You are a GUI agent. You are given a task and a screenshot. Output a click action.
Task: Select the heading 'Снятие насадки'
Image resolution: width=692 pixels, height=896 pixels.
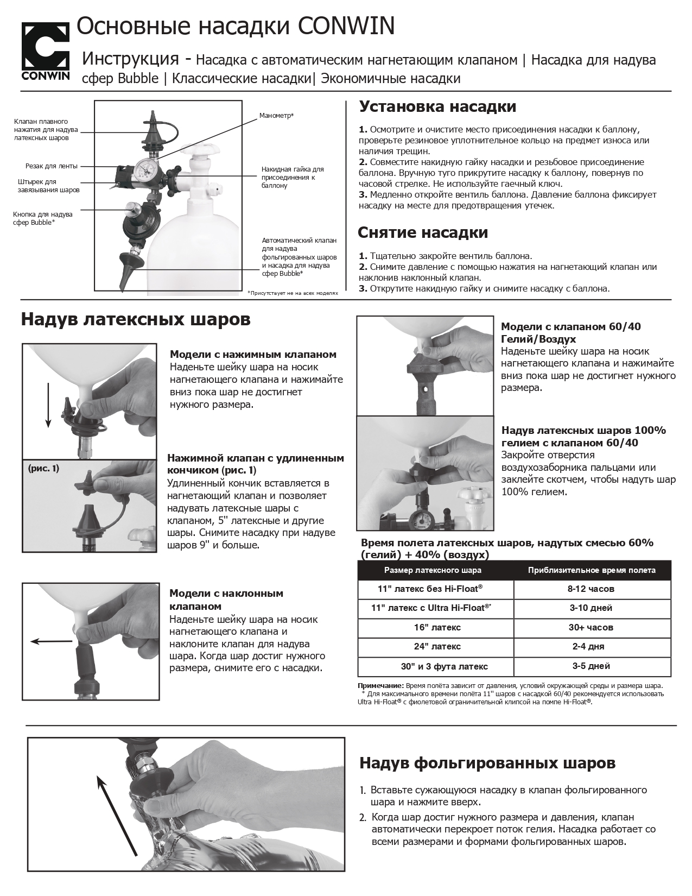click(x=423, y=232)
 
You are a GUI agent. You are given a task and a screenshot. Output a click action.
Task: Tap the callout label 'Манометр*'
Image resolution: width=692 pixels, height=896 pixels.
click(x=276, y=116)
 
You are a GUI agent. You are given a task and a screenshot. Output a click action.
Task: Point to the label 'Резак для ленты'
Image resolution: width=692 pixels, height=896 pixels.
click(x=52, y=166)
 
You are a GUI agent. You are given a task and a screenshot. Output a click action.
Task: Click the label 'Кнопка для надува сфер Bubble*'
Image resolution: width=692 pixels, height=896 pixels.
click(x=42, y=218)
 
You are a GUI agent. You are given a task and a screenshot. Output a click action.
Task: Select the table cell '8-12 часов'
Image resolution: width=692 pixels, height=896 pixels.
click(x=592, y=589)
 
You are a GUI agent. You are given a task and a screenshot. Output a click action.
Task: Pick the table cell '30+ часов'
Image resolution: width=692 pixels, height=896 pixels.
click(x=592, y=627)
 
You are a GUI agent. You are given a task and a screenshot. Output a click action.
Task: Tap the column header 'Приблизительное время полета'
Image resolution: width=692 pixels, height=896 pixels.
click(x=592, y=570)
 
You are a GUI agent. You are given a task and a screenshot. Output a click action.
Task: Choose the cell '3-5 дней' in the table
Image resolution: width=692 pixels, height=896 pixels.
click(x=592, y=666)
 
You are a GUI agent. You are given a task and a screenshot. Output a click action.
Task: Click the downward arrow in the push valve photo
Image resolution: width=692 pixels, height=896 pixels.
click(x=48, y=405)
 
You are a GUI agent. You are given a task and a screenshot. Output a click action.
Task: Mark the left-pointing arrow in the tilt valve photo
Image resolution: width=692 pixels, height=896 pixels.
click(x=52, y=641)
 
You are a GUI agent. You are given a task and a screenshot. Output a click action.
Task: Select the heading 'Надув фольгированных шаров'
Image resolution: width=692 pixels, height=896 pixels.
click(x=487, y=763)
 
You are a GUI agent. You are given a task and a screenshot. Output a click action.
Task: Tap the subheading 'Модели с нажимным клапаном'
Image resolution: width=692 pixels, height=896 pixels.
click(x=253, y=355)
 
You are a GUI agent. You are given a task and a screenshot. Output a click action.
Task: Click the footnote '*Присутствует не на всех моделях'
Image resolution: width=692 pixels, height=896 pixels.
click(x=293, y=293)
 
